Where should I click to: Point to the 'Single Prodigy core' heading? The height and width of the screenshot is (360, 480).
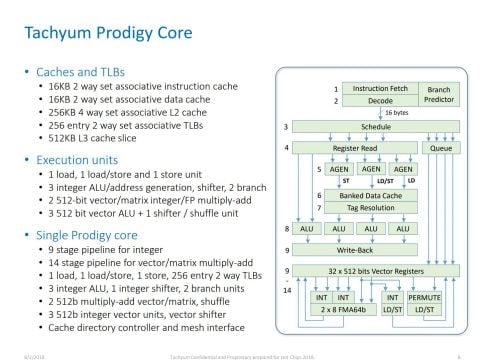(88, 232)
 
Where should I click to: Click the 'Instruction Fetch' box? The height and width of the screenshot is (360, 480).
(376, 89)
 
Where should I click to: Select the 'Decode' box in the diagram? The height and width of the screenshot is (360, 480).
(376, 101)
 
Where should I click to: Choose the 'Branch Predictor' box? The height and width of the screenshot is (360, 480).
(433, 95)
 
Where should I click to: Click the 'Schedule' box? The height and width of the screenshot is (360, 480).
(376, 128)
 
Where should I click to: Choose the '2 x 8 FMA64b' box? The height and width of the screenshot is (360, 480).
(340, 310)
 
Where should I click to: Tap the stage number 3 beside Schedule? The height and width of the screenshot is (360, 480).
(286, 128)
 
